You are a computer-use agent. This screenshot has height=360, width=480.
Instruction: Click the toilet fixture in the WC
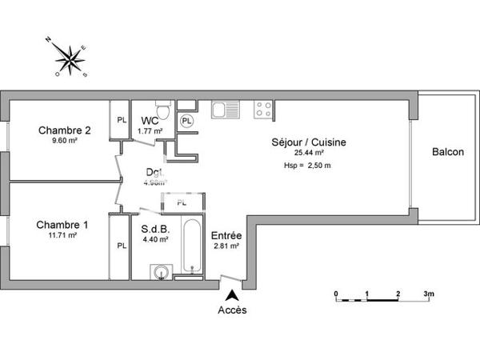[162, 110]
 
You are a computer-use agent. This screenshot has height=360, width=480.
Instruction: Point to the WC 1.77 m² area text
[151, 131]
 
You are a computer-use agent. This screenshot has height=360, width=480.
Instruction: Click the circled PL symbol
[186, 121]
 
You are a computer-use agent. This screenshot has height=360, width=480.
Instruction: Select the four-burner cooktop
[264, 109]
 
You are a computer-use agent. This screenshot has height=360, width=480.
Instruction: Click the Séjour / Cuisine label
[309, 142]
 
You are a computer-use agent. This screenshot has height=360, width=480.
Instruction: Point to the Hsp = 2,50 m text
[307, 165]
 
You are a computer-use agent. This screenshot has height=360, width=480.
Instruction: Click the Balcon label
[447, 152]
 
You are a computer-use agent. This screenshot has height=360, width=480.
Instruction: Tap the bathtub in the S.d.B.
[190, 245]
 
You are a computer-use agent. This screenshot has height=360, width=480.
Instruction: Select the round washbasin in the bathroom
[161, 270]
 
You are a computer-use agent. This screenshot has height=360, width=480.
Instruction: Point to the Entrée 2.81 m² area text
[226, 247]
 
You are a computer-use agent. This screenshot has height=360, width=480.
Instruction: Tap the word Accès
[232, 310]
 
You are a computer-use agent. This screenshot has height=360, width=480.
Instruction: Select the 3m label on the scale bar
[429, 294]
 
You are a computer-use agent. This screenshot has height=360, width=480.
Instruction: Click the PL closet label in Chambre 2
[122, 120]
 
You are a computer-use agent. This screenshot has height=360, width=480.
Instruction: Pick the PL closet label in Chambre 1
[122, 246]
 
